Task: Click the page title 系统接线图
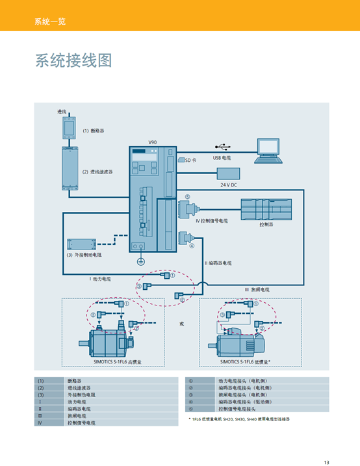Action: click(73, 60)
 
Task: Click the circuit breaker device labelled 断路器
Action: click(69, 127)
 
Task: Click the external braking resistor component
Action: click(81, 246)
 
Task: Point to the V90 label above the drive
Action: click(153, 142)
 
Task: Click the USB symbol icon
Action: click(221, 148)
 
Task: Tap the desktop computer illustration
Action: click(268, 149)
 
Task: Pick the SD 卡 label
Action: click(190, 160)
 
